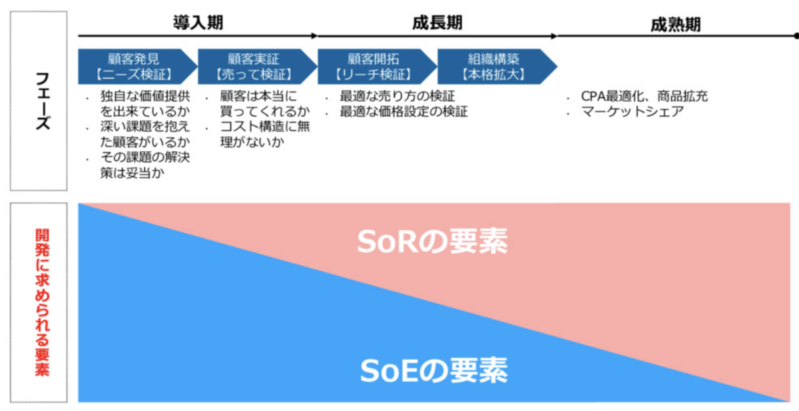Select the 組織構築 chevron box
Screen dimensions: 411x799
coord(495,66)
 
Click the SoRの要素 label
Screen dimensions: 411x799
coord(432,242)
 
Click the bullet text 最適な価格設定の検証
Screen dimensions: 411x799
coord(403,111)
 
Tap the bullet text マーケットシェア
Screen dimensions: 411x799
coord(632,112)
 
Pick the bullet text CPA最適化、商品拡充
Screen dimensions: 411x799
coord(644,97)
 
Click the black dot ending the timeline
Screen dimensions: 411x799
coord(795,36)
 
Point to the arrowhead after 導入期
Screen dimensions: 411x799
coord(314,36)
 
